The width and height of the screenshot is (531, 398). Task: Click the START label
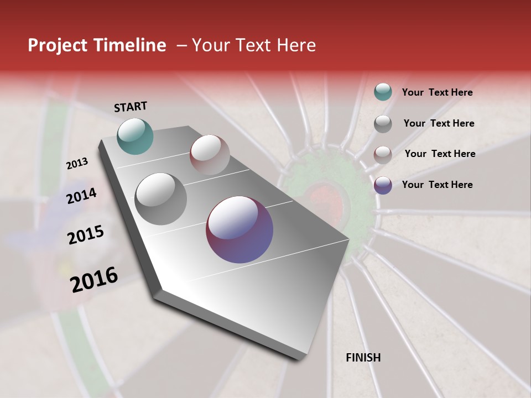131,107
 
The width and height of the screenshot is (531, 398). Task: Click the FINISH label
363,358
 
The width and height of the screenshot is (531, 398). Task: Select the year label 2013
77,164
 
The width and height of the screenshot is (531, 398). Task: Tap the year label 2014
82,196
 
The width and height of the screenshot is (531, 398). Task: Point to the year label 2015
86,235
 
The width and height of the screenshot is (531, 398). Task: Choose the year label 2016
94,280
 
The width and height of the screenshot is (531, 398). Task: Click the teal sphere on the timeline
135,136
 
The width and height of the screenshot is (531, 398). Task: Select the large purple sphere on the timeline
240,229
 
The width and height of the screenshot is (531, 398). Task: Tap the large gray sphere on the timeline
161,199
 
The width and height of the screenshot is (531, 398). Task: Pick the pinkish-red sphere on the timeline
210,155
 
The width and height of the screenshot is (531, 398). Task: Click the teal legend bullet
383,92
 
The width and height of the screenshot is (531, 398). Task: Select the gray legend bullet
383,124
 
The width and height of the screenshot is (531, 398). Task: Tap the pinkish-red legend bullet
383,154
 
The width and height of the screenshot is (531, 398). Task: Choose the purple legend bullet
383,185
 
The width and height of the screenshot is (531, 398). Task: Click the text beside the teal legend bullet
437,93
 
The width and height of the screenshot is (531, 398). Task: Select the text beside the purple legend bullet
437,185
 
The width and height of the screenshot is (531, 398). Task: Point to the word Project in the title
56,45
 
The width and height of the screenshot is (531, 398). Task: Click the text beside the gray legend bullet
439,123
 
